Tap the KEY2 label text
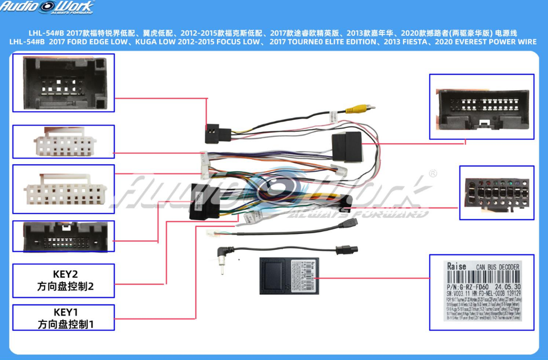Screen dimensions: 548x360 tap(65, 273)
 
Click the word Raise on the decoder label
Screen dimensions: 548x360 tap(457, 266)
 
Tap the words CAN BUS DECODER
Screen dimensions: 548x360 tap(497, 267)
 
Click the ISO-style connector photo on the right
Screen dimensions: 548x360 tap(497, 193)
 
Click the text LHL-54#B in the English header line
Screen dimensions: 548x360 tap(28, 42)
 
